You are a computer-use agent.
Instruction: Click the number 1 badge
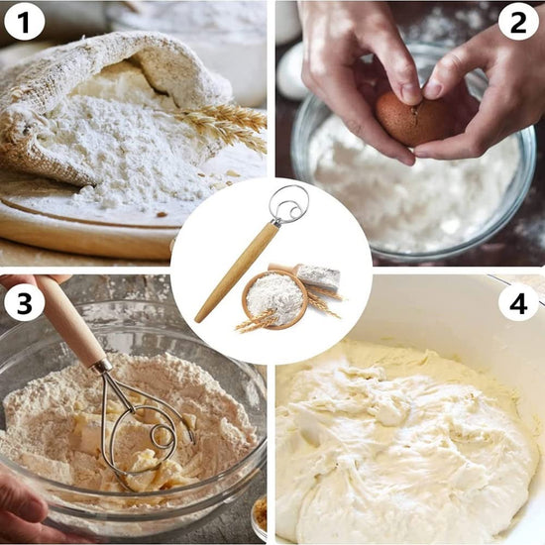pyautogui.click(x=25, y=22)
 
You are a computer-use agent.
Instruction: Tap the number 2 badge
pyautogui.click(x=518, y=22)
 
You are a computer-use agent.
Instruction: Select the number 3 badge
pyautogui.click(x=25, y=303)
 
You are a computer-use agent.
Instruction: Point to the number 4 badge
pyautogui.click(x=518, y=303)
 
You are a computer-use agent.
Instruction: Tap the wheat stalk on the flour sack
pyautogui.click(x=222, y=125)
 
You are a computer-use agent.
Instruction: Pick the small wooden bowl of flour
pyautogui.click(x=274, y=299)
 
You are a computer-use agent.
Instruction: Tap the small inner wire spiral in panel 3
pyautogui.click(x=163, y=436)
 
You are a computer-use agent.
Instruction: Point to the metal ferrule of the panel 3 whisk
pyautogui.click(x=102, y=366)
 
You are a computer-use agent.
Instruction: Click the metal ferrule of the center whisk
pyautogui.click(x=277, y=222)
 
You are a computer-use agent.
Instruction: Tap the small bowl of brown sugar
pyautogui.click(x=259, y=519)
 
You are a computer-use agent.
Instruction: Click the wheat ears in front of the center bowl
pyautogui.click(x=259, y=321)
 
